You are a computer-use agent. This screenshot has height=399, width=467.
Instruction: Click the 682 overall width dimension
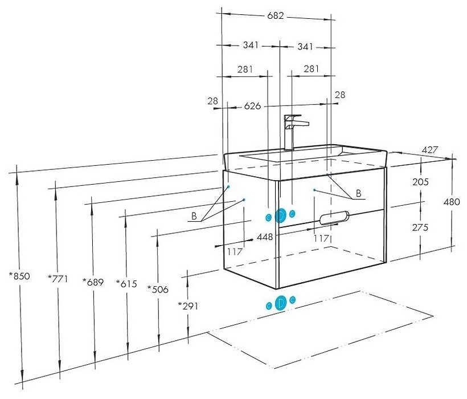coord(276,16)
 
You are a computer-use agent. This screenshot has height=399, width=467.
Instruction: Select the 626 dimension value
coord(252,106)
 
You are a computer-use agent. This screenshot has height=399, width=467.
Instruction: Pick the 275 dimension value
coord(421,226)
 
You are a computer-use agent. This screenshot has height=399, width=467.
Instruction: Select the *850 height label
coord(19,276)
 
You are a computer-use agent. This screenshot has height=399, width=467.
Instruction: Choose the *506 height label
coord(158,289)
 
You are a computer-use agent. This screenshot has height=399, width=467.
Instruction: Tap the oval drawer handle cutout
coord(335,217)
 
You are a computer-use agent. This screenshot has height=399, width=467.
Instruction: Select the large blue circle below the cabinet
coord(280,303)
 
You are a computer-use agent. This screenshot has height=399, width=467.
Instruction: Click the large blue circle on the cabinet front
coord(280,215)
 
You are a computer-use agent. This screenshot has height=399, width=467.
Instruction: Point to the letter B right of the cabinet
coord(358,193)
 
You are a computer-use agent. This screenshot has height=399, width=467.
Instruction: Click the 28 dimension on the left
coord(213,101)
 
